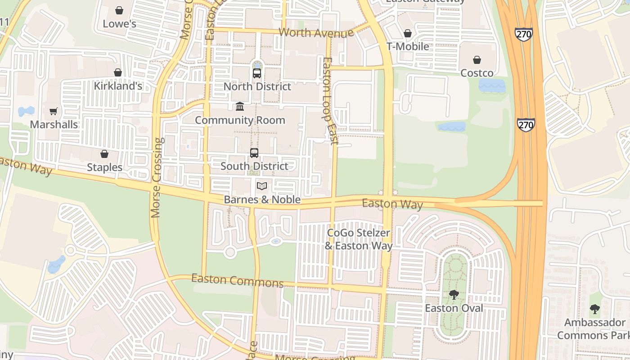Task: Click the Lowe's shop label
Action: [x=119, y=23]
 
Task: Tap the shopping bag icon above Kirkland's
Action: [x=118, y=72]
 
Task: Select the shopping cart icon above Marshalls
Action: [x=54, y=111]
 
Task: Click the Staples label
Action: [x=104, y=167]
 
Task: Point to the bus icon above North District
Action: [x=257, y=73]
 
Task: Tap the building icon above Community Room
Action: [x=240, y=107]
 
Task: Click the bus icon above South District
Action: [x=254, y=153]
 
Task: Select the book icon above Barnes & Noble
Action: [x=262, y=186]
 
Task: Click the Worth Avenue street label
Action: [x=316, y=33]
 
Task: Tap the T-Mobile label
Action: [x=408, y=46]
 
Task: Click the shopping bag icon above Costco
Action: [x=477, y=60]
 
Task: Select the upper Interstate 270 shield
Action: [x=524, y=34]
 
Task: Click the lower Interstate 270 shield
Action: [x=526, y=125]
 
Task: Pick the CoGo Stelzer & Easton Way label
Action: [x=359, y=239]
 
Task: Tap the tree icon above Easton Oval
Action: [x=454, y=295]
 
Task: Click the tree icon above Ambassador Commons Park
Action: [x=595, y=309]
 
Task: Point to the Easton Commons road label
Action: [x=237, y=280]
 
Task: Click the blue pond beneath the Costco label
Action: [x=492, y=85]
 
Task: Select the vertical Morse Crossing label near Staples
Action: [x=157, y=178]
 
